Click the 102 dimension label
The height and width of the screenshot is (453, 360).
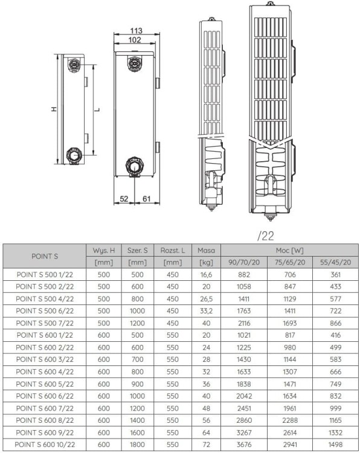click(135, 40)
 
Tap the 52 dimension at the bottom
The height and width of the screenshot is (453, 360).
click(124, 199)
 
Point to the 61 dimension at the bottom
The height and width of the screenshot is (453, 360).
click(146, 199)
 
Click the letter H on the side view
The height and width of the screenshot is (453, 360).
click(53, 109)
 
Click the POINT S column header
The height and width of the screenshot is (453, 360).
click(45, 256)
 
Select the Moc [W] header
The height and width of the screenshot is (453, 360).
click(289, 250)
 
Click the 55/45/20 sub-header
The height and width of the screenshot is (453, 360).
click(335, 262)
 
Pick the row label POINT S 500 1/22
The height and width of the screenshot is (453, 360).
click(45, 274)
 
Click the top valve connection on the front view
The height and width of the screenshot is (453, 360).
click(133, 63)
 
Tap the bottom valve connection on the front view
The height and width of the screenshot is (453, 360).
click(134, 164)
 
